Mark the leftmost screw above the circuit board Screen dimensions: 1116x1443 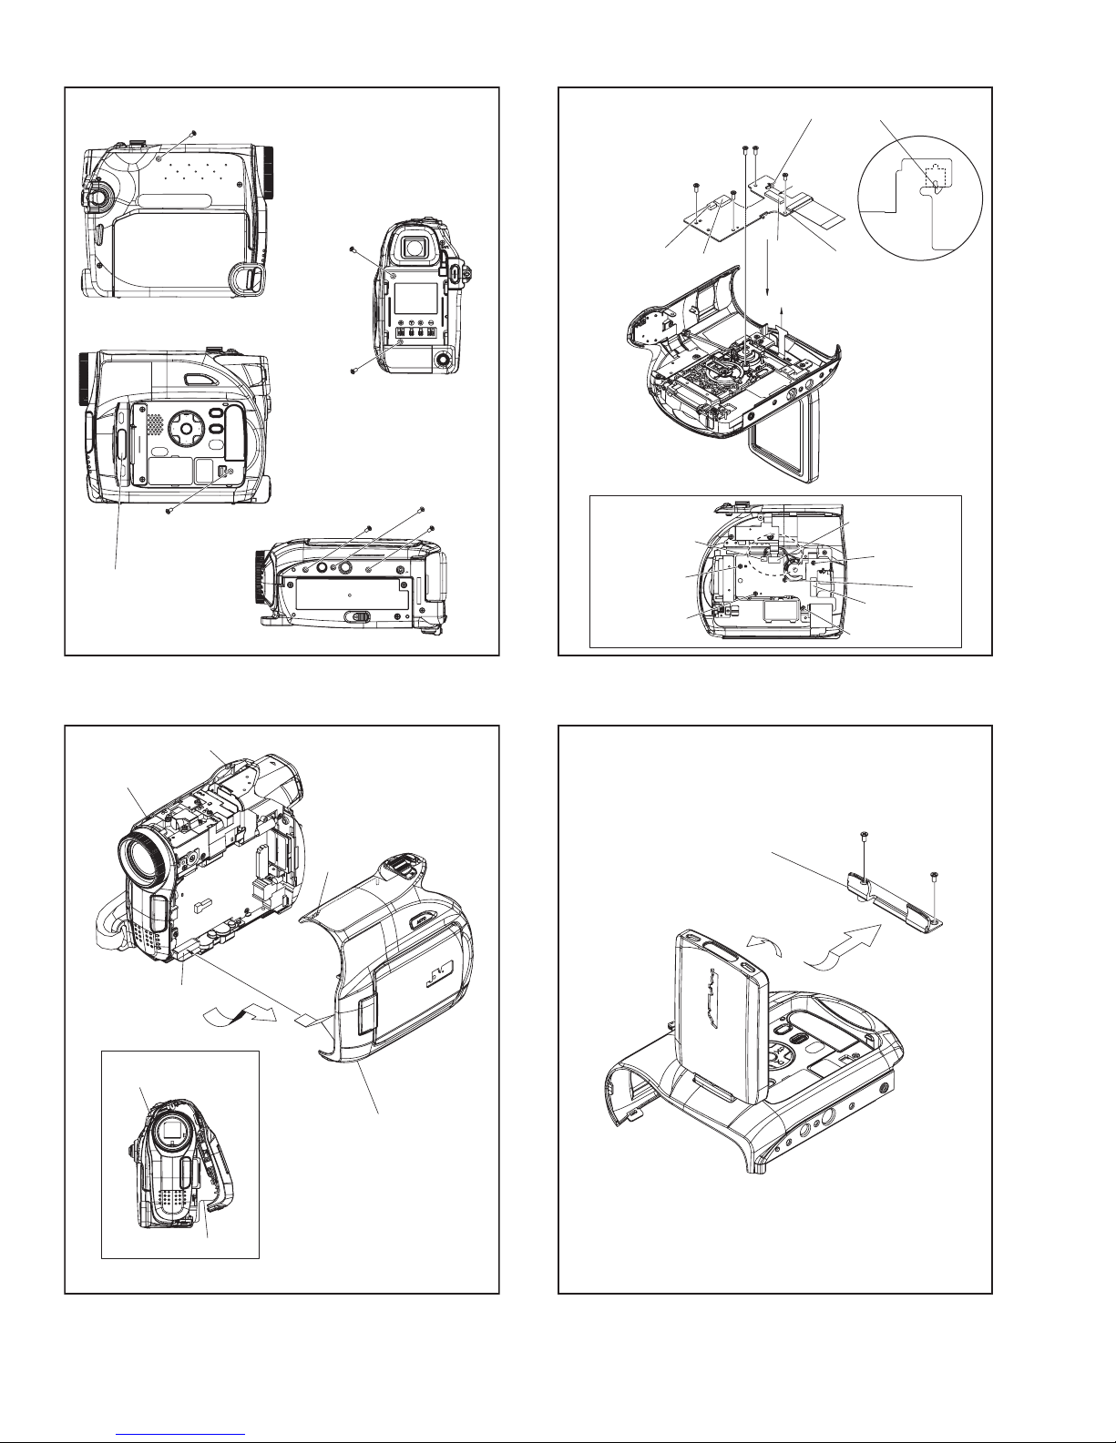(695, 186)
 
